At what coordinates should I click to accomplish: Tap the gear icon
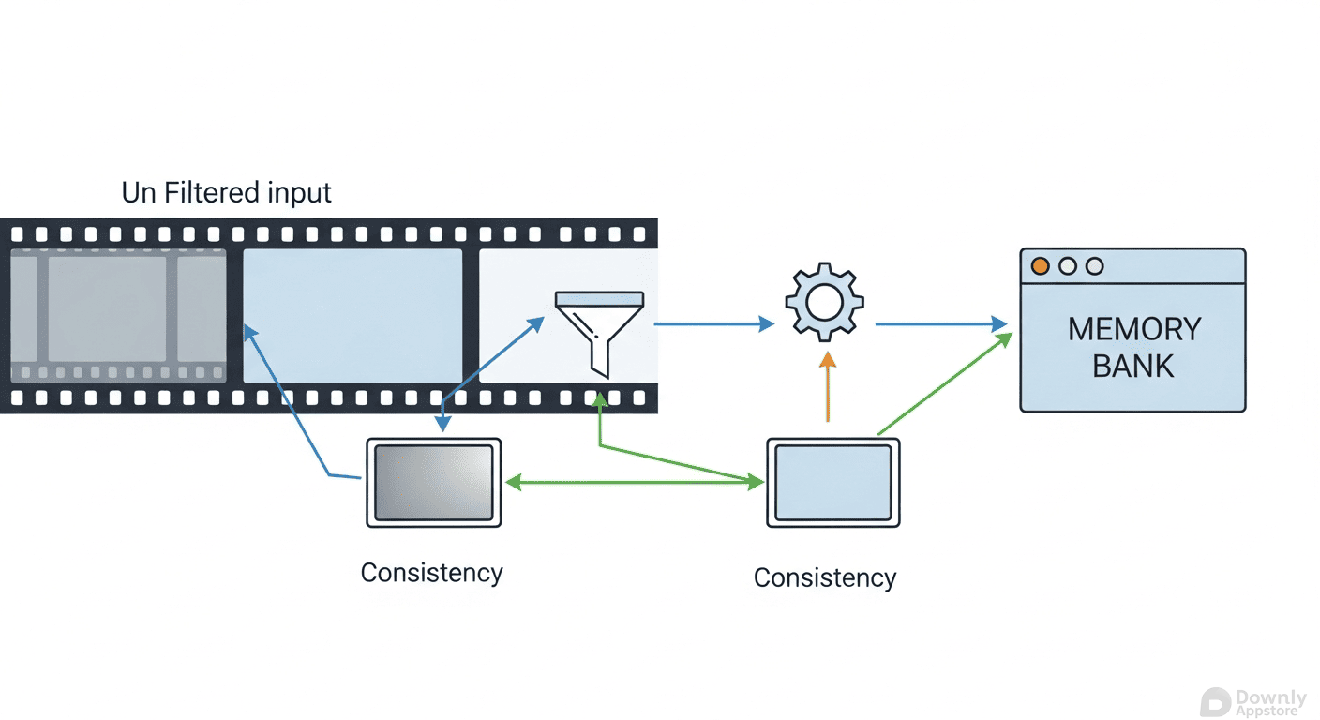click(x=824, y=303)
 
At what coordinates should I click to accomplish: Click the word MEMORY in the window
click(x=1134, y=329)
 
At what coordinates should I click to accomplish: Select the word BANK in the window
click(x=1133, y=366)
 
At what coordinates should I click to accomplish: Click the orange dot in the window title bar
click(x=1040, y=266)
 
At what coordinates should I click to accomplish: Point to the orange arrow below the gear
click(x=827, y=386)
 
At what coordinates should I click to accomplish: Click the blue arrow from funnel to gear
click(x=713, y=323)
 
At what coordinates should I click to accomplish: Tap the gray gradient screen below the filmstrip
click(x=433, y=482)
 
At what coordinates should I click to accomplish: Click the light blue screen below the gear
click(x=832, y=482)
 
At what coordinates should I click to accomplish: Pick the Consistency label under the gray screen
click(x=431, y=572)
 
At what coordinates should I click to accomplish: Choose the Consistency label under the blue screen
click(x=824, y=577)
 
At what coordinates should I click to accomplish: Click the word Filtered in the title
click(x=211, y=193)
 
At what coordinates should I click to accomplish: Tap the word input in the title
click(x=298, y=194)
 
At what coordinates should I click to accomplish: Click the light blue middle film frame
click(x=352, y=315)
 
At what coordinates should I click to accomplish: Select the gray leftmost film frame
click(x=118, y=315)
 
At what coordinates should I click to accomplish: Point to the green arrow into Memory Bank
click(x=944, y=384)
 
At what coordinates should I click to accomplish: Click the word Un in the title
click(x=139, y=193)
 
